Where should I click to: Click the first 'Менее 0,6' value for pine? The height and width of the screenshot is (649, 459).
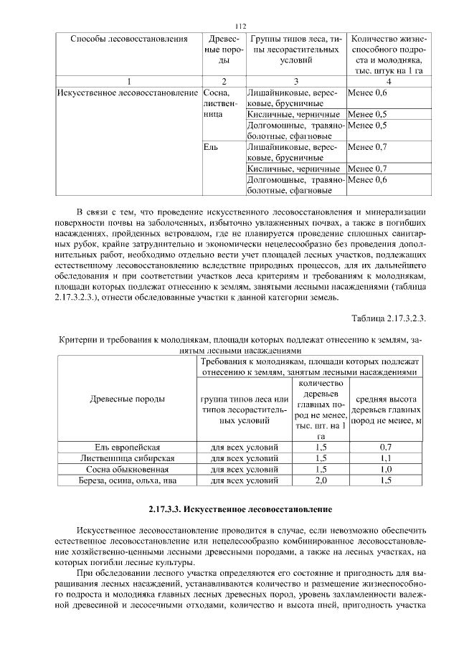point(366,93)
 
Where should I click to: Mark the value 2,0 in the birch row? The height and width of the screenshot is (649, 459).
point(321,480)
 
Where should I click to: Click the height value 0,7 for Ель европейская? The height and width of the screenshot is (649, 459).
point(385,447)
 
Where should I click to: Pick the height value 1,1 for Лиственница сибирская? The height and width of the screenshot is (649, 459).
point(385,458)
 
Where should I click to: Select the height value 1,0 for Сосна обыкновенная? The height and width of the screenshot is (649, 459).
point(385,469)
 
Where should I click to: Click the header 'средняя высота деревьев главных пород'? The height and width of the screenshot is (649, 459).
point(385,409)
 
